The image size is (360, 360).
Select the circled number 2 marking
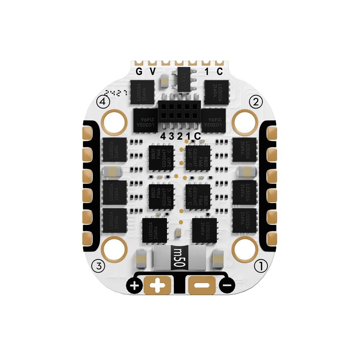pyautogui.click(x=256, y=102)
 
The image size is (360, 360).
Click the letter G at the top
pyautogui.click(x=139, y=71)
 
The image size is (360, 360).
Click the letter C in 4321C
pyautogui.click(x=197, y=136)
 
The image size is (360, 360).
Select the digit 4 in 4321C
pyautogui.click(x=163, y=136)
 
